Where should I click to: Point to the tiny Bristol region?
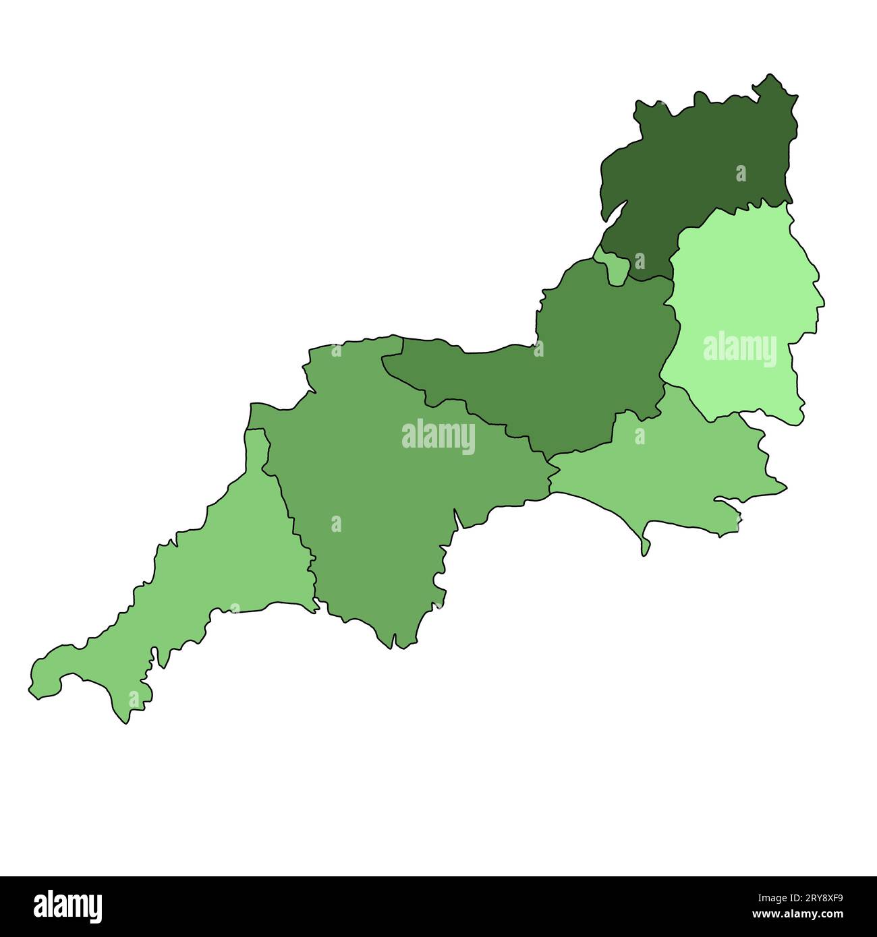(x=615, y=267)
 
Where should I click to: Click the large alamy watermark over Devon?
(x=438, y=436)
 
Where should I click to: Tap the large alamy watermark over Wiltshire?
(x=740, y=349)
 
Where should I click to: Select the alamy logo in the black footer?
(x=68, y=905)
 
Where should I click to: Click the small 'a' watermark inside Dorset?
(x=640, y=437)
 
